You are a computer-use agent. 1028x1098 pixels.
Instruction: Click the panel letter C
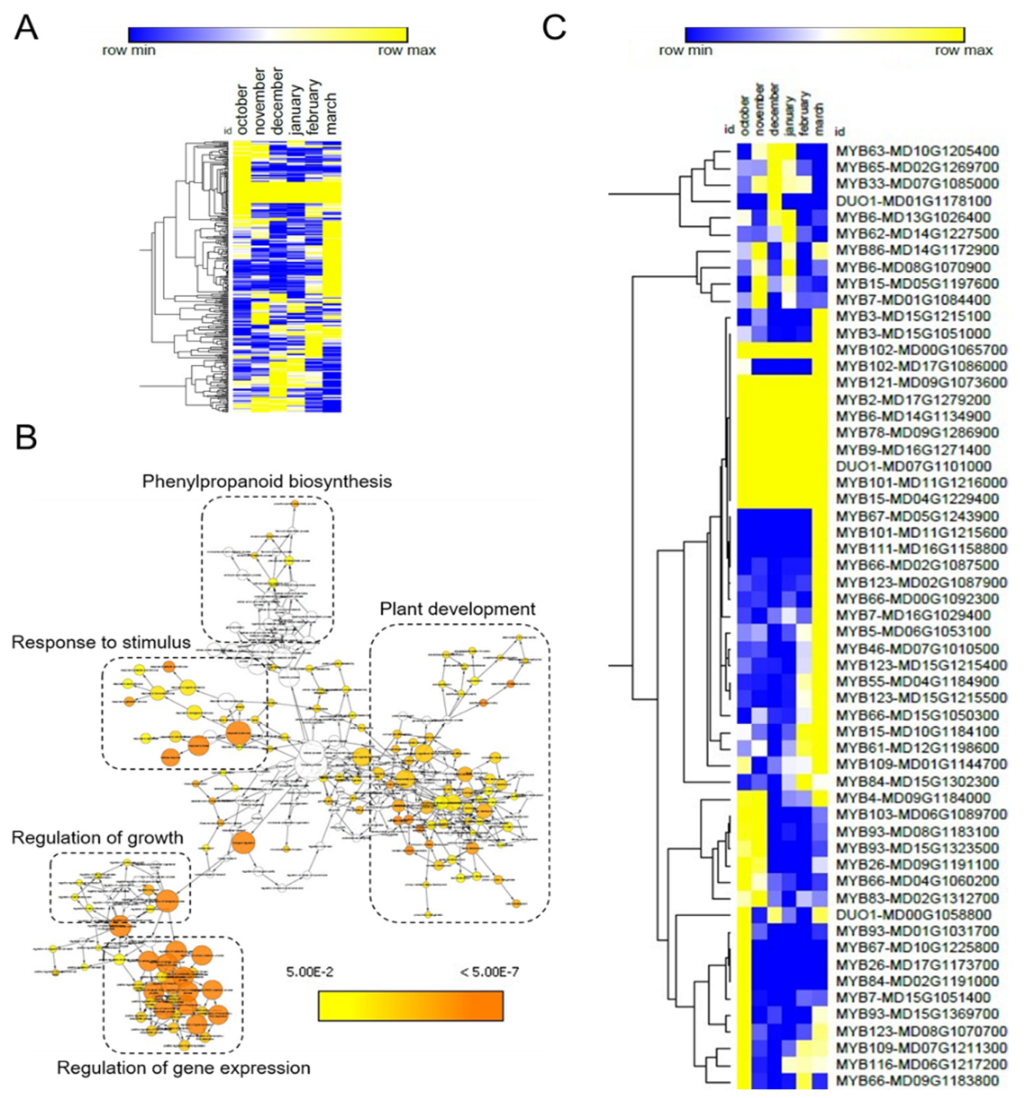click(554, 28)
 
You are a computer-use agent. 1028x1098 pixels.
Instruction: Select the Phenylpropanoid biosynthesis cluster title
click(267, 481)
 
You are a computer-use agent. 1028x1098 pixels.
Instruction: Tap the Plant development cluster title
click(457, 609)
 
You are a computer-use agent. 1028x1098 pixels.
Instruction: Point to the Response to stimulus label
click(101, 642)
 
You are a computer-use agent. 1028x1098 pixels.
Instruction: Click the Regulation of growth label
click(97, 838)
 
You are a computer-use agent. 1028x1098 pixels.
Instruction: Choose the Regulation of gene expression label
click(183, 1067)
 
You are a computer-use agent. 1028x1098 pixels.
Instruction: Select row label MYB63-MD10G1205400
click(917, 151)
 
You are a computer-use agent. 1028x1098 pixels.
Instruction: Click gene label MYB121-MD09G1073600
click(921, 382)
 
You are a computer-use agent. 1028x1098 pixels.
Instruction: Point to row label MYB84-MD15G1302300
click(917, 781)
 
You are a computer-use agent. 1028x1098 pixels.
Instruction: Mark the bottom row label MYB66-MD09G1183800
click(917, 1080)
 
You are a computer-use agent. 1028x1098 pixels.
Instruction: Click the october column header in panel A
click(241, 109)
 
